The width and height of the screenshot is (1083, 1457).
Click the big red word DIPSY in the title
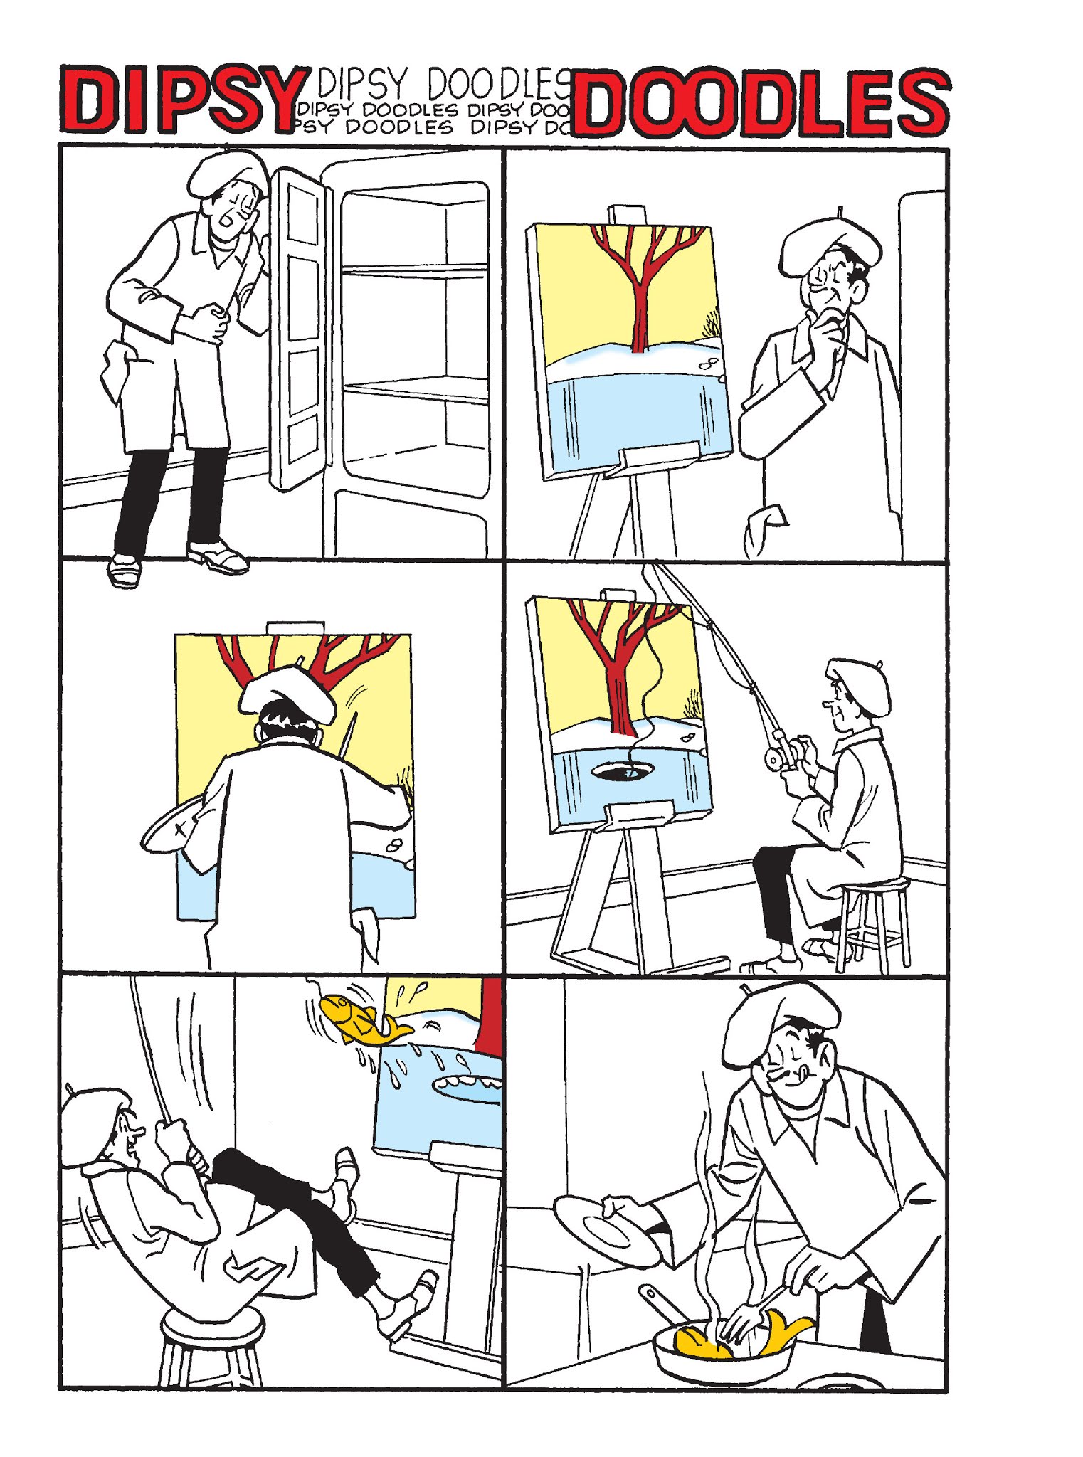coord(184,100)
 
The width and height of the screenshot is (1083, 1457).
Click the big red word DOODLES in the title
coord(759,102)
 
